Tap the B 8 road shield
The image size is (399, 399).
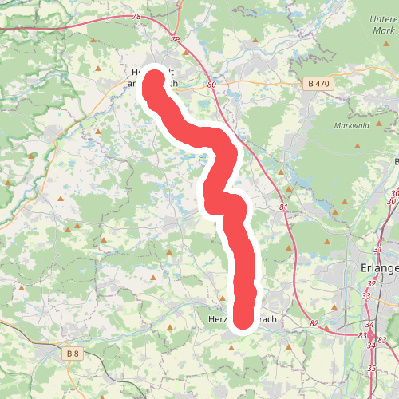tap(73, 353)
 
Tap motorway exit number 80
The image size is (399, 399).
tap(211, 84)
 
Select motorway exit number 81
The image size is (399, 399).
tap(284, 207)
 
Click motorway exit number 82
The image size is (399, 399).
tap(313, 324)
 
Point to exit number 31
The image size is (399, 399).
tap(377, 250)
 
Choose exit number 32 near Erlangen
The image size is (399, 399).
tap(371, 283)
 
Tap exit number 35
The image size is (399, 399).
tap(373, 367)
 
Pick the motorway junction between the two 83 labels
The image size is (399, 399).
tap(372, 338)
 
